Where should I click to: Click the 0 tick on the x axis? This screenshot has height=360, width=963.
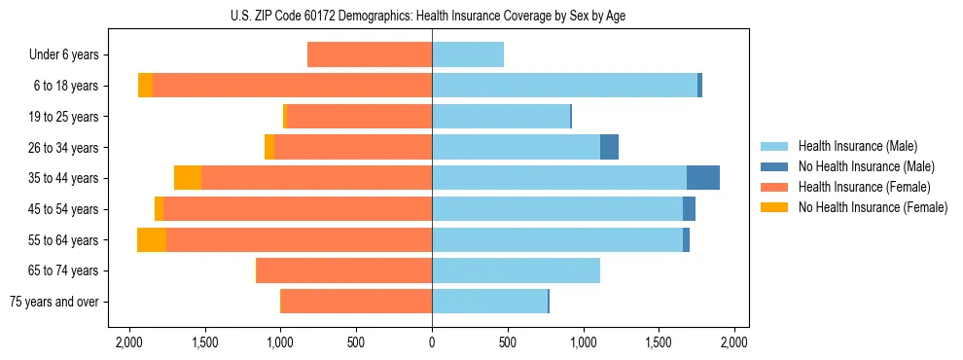432,342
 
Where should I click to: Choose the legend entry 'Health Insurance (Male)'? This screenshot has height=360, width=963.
857,146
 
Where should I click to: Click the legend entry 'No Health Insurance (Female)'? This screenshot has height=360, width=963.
873,207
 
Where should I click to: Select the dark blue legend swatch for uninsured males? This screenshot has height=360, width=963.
775,166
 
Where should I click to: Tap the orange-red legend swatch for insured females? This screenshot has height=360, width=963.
775,187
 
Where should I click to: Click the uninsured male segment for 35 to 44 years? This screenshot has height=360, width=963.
702,178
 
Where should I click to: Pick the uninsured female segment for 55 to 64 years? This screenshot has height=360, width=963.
152,240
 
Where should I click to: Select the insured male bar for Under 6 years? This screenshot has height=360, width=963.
468,55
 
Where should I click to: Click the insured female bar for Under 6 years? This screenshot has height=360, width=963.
370,55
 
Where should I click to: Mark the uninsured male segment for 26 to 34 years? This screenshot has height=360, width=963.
609,147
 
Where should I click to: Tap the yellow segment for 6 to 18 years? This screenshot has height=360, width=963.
145,86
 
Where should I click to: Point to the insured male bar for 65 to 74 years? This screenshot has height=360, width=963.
516,270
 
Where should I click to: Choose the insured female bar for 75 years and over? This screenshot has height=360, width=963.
356,302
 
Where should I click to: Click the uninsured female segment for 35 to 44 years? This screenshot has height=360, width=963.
188,178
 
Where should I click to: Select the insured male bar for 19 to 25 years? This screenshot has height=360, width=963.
500,117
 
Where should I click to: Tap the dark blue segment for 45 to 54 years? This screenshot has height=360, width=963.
689,209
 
